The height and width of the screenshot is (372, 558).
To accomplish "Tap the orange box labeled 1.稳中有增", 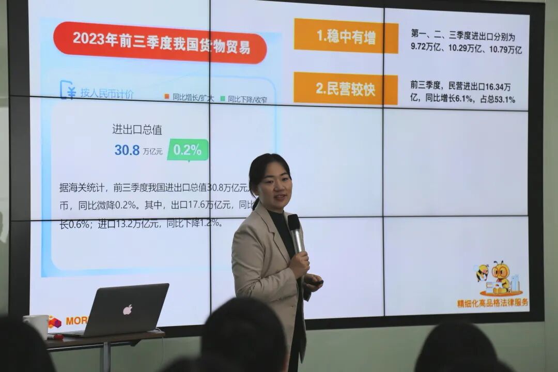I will pyautogui.click(x=346, y=36).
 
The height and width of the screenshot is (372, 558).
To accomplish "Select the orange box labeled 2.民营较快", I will pyautogui.click(x=346, y=88).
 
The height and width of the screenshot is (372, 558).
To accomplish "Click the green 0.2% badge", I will pyautogui.click(x=188, y=150).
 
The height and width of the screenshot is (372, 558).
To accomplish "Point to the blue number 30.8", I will pyautogui.click(x=127, y=150).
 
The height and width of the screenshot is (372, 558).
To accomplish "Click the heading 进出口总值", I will pyautogui.click(x=137, y=129).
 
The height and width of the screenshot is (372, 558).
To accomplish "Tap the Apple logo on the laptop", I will pyautogui.click(x=127, y=309).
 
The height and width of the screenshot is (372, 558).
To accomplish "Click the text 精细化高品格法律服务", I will pyautogui.click(x=492, y=303).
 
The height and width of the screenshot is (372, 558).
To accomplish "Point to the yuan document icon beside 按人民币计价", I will pyautogui.click(x=68, y=90).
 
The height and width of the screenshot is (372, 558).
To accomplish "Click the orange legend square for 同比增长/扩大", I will pyautogui.click(x=167, y=97).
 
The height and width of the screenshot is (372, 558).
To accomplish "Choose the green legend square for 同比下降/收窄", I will pyautogui.click(x=223, y=98).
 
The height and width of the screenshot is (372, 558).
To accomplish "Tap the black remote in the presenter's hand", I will pyautogui.click(x=315, y=283).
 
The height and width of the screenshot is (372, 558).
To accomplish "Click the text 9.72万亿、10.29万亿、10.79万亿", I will pyautogui.click(x=466, y=50).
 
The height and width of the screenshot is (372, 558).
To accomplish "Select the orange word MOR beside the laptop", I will pyautogui.click(x=76, y=321).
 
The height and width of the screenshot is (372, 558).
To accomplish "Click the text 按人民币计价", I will pyautogui.click(x=107, y=94).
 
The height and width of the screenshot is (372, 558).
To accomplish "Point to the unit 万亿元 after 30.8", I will pyautogui.click(x=153, y=151).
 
